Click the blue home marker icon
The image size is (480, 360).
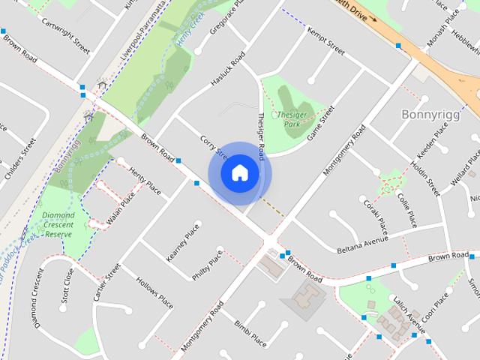[x=239, y=173]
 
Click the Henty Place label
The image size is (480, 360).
[x=145, y=181]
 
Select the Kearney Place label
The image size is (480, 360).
[x=183, y=241]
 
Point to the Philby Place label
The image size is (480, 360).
[x=207, y=265]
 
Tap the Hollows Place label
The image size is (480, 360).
[x=154, y=292]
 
